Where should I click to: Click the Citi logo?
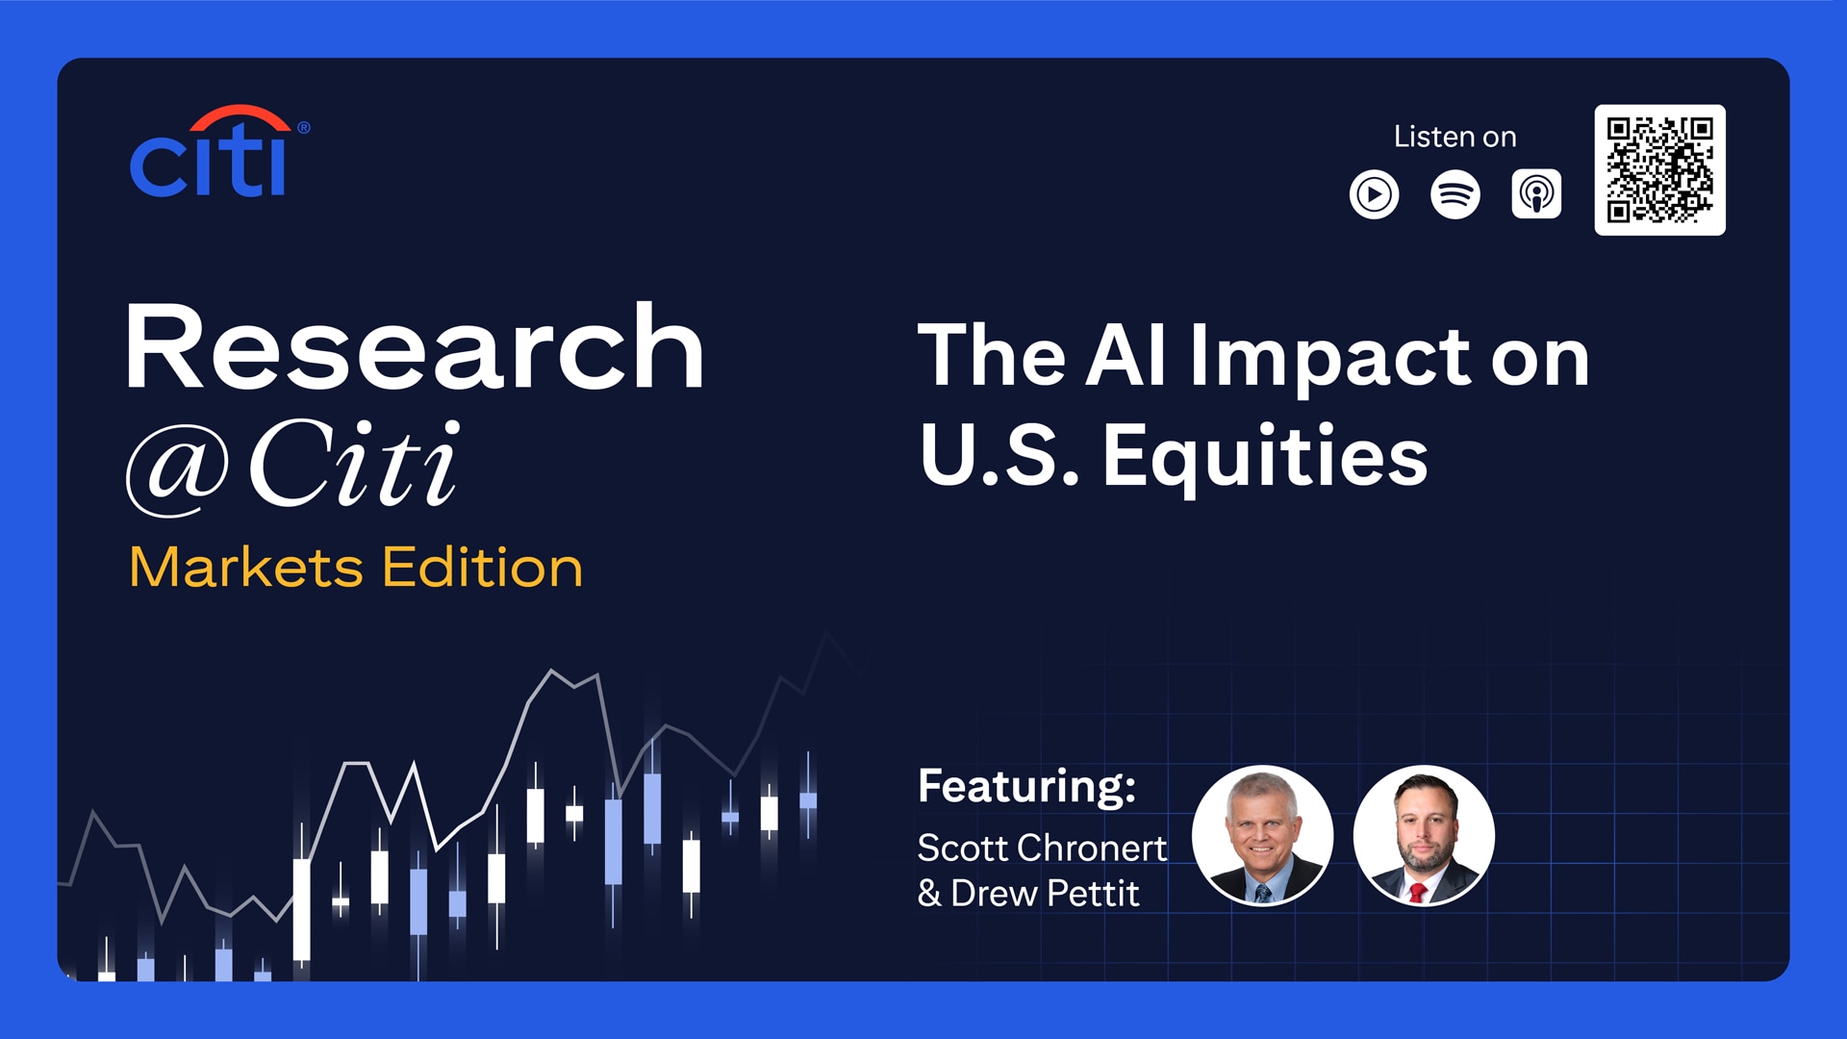[219, 151]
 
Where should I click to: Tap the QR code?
[1659, 170]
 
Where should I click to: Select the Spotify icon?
[1455, 194]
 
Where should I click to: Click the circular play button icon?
[1374, 194]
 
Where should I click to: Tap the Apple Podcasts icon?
[1536, 194]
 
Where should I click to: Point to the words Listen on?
[1455, 137]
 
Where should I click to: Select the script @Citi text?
[292, 465]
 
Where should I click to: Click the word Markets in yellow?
[246, 567]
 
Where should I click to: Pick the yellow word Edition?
[483, 567]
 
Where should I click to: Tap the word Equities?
[1265, 457]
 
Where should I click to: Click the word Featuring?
[1026, 786]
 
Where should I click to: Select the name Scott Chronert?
[1042, 848]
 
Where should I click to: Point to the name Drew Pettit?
[1045, 894]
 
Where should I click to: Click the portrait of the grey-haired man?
[1262, 835]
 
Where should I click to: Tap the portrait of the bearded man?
[1424, 835]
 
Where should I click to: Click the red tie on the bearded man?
[1417, 892]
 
